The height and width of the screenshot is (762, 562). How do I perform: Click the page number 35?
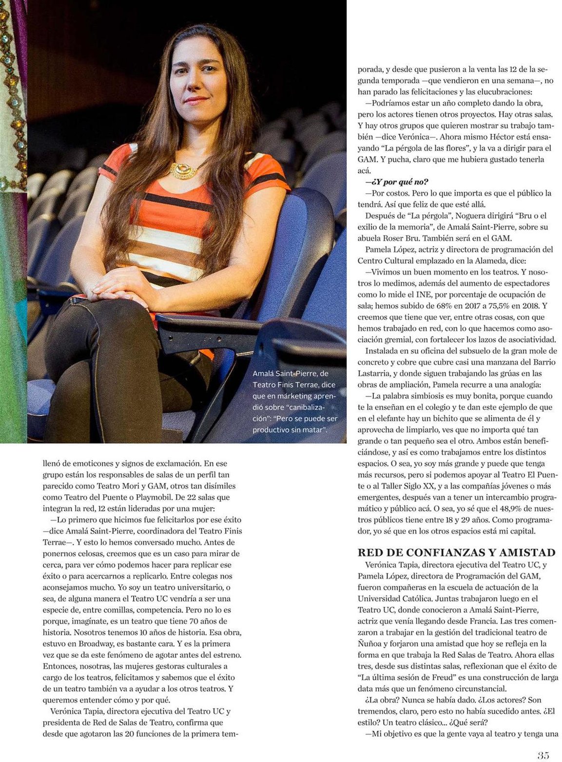[543, 755]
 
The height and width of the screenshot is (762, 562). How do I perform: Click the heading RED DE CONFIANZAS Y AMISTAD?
[456, 553]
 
